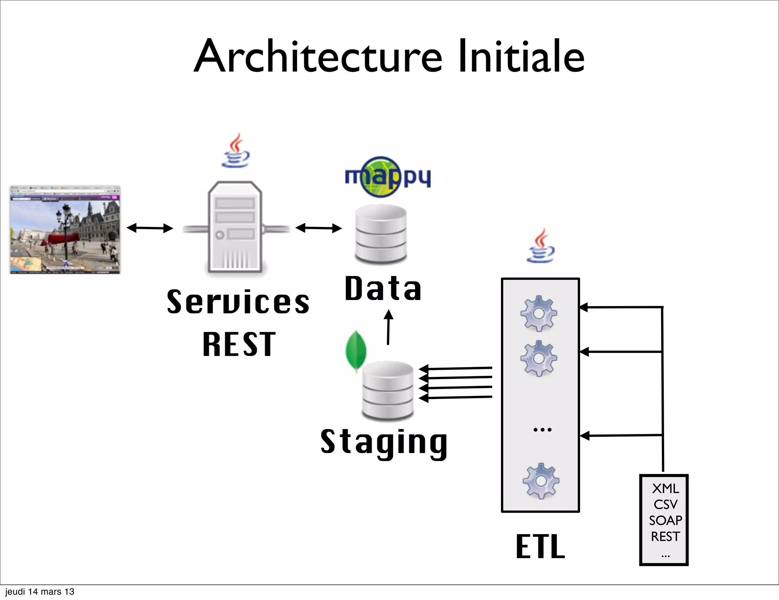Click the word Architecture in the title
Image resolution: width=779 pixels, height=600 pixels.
(318, 56)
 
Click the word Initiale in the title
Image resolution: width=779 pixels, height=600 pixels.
(521, 56)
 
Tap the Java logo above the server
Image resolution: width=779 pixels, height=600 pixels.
(236, 151)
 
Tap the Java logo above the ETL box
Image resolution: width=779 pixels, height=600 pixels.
(541, 246)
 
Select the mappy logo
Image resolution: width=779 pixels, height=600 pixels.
(387, 177)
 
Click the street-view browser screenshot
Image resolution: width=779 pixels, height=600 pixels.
(65, 230)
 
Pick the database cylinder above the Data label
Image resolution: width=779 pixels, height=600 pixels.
(381, 234)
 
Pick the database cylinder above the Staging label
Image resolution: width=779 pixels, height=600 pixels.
(388, 391)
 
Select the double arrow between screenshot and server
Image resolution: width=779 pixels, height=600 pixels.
(150, 228)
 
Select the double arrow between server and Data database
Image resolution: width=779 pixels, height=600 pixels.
(319, 228)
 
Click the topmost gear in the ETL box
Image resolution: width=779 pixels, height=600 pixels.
(539, 313)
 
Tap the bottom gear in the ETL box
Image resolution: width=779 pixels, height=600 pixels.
(541, 481)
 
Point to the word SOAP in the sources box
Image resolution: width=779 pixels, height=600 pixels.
(665, 520)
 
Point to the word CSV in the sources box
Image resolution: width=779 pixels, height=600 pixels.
(665, 504)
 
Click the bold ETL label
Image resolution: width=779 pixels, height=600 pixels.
(541, 547)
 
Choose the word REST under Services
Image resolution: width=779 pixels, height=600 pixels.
(239, 344)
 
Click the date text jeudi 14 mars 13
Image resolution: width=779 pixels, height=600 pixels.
(40, 592)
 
